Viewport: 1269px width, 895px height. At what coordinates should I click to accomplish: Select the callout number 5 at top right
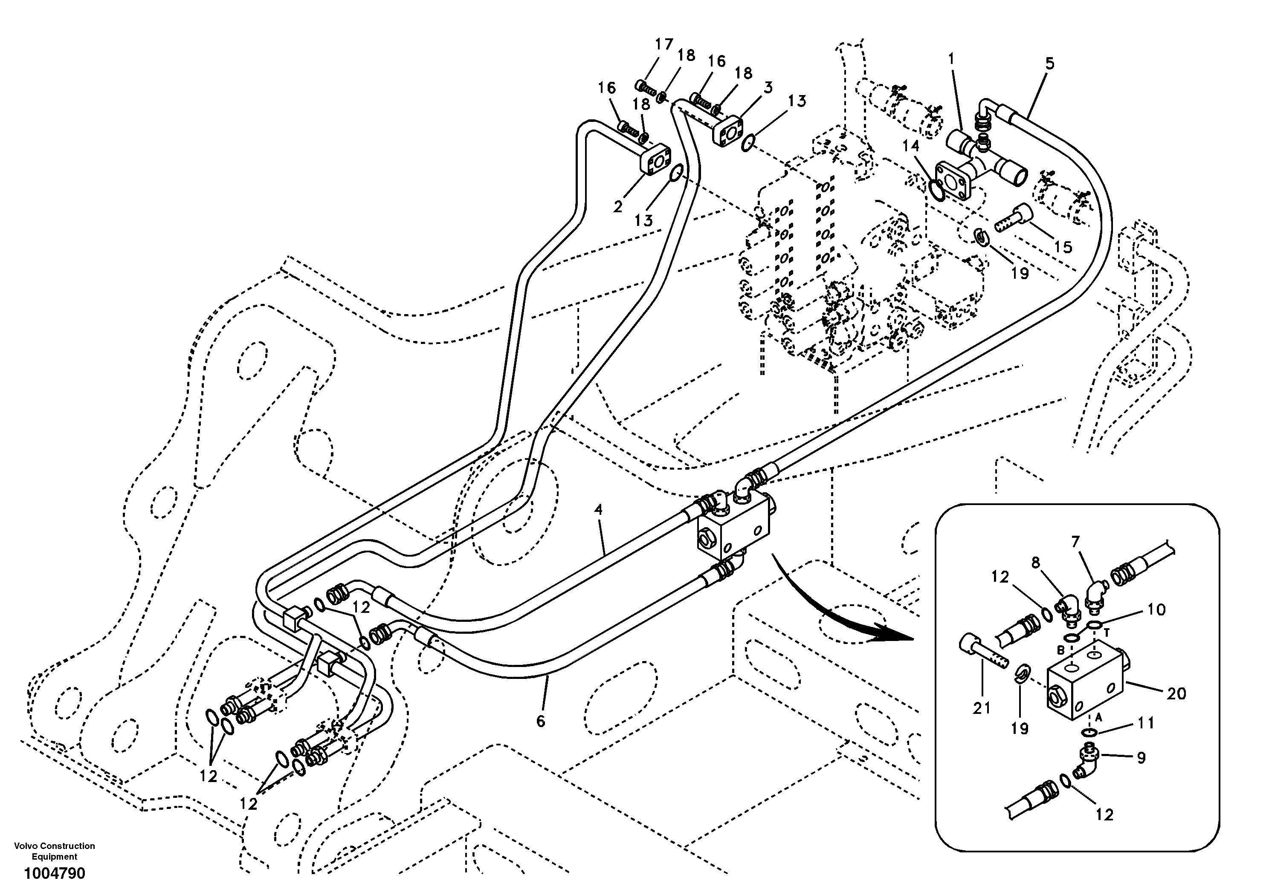click(1049, 64)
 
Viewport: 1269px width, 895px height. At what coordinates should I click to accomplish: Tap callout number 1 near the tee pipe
click(951, 58)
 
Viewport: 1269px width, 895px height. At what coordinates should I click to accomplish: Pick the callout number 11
click(1146, 723)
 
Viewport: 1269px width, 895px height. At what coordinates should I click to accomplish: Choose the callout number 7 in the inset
click(1075, 542)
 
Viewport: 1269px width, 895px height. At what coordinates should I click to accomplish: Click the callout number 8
click(1035, 563)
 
